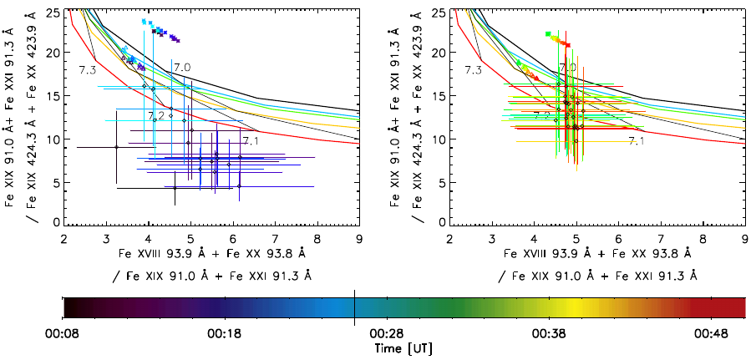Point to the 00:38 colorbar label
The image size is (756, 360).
coord(549,332)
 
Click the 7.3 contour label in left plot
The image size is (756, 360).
coord(88,68)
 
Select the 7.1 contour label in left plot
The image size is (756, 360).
coord(251,141)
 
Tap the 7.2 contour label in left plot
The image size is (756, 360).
coord(155,115)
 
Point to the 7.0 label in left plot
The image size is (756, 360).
coord(183,68)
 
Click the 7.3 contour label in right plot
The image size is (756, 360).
coord(474,69)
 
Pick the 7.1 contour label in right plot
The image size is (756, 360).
coord(637,141)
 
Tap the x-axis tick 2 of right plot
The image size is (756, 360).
coord(450,239)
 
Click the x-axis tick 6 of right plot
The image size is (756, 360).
coord(619,239)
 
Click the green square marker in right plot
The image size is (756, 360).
coord(547,34)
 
